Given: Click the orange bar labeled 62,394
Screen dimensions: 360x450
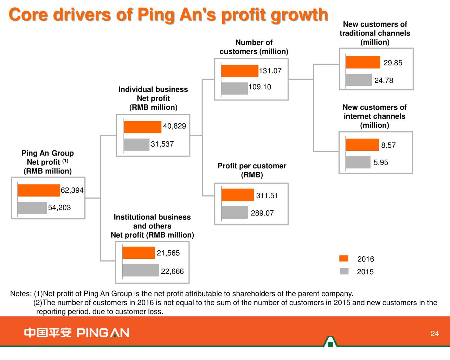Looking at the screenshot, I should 39,190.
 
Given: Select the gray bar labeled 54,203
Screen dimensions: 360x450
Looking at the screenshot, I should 32,208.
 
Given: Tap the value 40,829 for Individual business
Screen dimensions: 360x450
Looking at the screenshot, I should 174,126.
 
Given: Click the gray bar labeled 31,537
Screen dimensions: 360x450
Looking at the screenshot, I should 137,144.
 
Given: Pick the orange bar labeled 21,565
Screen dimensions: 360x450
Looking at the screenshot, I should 139,253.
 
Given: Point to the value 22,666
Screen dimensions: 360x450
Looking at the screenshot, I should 172,271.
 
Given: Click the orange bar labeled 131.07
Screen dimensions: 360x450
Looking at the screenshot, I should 240,71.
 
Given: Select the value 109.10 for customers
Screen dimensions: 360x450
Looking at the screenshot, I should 260,87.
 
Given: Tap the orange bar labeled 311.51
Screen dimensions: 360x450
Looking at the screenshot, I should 238,195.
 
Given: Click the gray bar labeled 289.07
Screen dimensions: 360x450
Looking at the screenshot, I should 235,212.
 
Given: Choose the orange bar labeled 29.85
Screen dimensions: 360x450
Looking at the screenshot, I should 363,62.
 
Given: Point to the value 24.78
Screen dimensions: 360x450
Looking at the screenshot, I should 384,81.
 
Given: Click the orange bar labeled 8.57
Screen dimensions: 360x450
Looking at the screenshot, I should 362,145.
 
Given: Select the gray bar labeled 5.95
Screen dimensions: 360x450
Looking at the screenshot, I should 358,162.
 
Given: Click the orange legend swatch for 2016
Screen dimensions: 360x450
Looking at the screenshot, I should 344,259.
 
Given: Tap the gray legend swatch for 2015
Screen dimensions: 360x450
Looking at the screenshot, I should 344,271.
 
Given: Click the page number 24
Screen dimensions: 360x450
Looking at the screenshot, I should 435,334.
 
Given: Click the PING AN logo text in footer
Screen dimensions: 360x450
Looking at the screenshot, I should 103,333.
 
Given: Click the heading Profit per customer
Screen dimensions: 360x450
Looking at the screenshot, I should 252,166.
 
